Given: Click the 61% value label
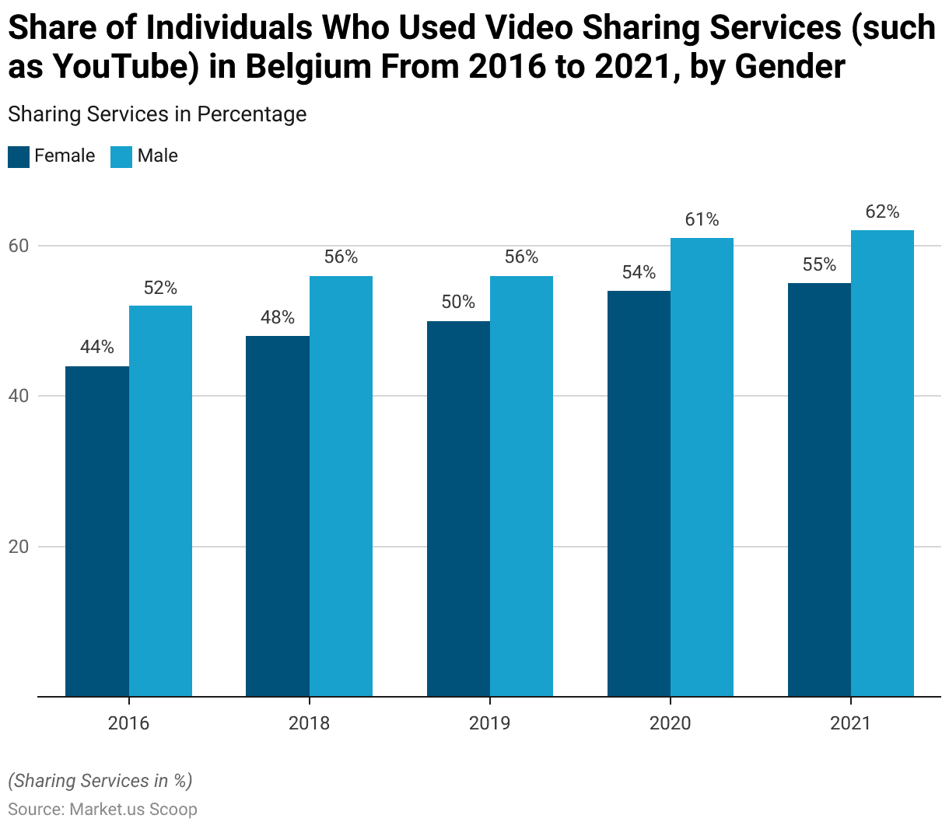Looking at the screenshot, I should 702,220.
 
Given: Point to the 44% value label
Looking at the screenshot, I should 97,348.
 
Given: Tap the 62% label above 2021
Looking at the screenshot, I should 882,212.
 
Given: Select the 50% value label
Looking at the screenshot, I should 458,303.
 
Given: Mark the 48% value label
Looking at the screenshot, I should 278,317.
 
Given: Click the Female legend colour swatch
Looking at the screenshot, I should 19,157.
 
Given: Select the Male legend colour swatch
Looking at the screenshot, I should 121,157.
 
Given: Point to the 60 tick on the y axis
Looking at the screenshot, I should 19,246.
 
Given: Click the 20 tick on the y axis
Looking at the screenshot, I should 19,547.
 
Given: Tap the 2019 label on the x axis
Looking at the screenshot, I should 489,724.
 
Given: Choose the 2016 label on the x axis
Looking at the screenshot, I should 128,724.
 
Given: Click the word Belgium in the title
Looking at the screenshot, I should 308,67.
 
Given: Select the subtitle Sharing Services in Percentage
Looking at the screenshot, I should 157,114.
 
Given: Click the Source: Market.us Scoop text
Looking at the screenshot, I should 103,810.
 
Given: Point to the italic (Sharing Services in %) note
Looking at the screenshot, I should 100,781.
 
